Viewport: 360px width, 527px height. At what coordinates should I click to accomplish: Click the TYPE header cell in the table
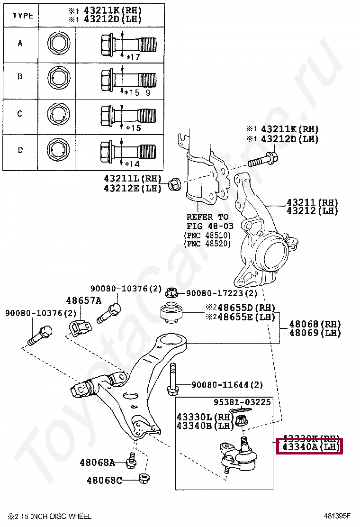[x=23, y=16]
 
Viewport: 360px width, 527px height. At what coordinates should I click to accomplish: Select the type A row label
[x=20, y=44]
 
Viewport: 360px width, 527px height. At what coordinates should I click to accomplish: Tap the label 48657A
[x=83, y=300]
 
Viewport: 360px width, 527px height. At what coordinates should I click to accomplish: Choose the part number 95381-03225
[x=249, y=402]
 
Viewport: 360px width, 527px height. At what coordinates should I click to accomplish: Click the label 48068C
[x=104, y=481]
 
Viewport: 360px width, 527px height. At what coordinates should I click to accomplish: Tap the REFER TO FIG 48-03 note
[x=207, y=221]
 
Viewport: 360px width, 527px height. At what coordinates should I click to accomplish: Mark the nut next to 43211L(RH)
[x=173, y=183]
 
